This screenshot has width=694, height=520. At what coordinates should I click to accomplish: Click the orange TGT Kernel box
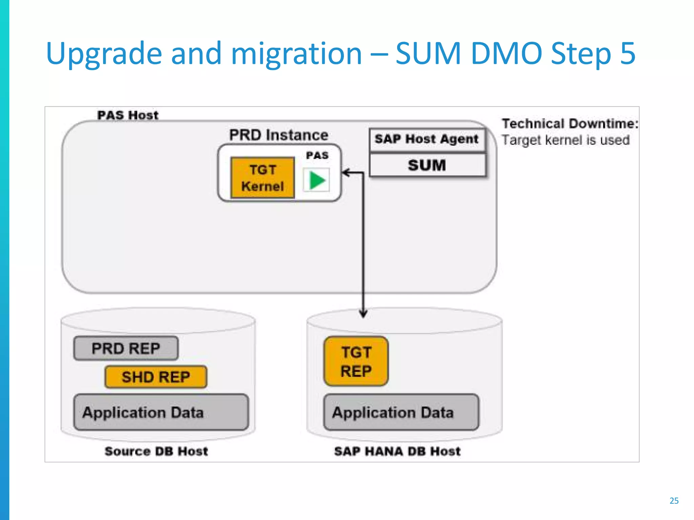pos(262,178)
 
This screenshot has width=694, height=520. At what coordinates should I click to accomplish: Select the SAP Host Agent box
pos(427,139)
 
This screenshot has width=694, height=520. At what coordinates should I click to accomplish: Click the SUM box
pos(427,166)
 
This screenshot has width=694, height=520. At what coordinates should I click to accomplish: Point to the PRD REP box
pos(126,348)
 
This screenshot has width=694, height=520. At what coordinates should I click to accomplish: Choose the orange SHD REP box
pos(156,377)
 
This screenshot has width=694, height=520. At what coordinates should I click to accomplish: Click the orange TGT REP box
pos(356,362)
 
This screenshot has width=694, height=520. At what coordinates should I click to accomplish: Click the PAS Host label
pos(128,115)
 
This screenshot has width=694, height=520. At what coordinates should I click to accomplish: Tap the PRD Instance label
pos(279,135)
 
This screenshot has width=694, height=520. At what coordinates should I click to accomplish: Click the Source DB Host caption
pos(156,451)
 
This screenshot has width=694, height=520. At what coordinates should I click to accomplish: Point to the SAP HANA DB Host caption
pos(397,451)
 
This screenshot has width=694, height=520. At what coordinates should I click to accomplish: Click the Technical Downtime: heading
pos(570,124)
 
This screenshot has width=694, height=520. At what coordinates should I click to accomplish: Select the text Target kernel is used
pos(566,140)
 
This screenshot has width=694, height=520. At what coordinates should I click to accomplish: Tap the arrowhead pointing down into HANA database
pos(363,314)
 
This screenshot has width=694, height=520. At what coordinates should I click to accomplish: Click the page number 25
pos(674,501)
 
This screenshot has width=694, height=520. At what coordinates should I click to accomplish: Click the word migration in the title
pos(297,53)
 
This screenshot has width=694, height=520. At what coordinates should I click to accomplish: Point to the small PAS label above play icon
pos(317,155)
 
